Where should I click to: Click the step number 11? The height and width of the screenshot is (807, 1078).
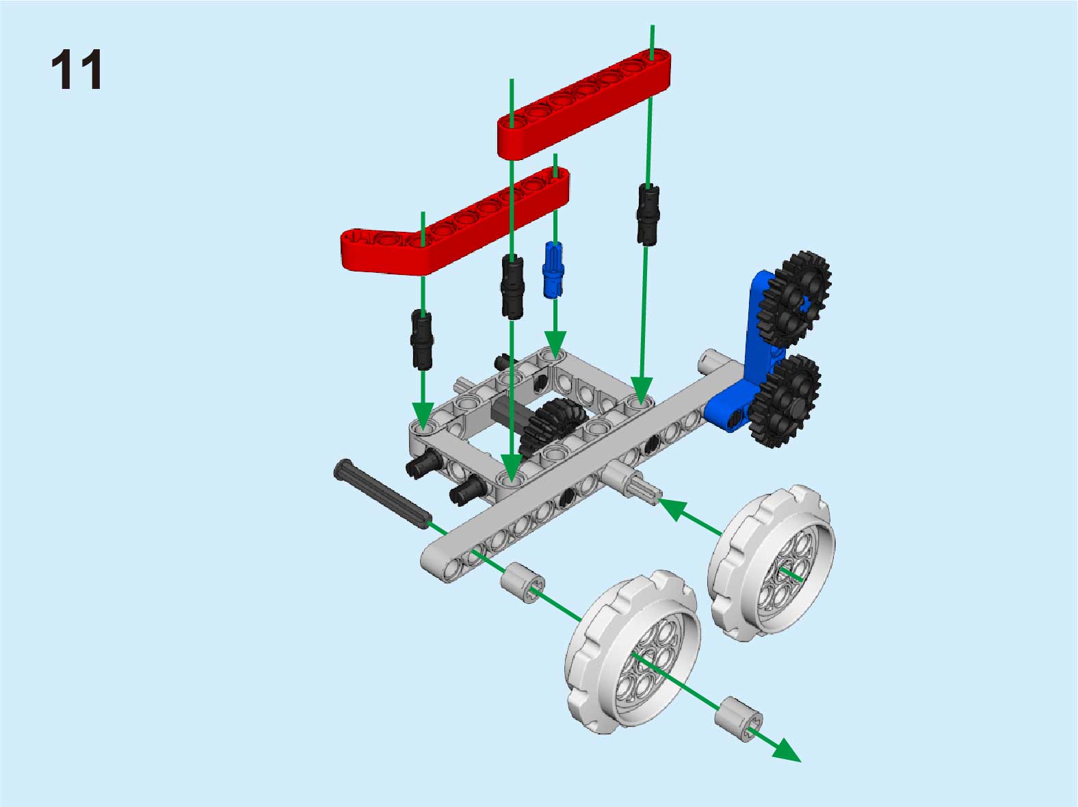coord(77,69)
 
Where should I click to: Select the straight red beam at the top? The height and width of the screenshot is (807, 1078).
coord(584,103)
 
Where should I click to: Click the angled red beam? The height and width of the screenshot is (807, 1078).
coord(455,219)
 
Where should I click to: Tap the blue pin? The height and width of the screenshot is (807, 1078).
coord(553,269)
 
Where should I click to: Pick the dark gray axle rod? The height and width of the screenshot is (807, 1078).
coord(382,494)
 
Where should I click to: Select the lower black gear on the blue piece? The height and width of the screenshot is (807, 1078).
coord(785,401)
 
